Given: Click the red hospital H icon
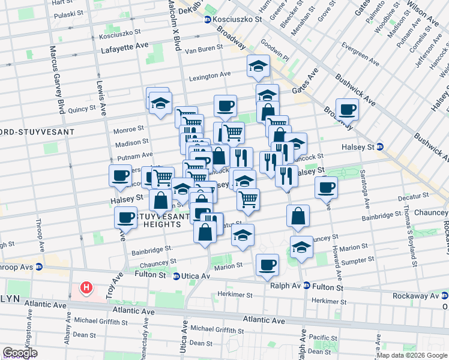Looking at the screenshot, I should tap(86, 288).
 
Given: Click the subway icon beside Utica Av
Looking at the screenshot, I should tap(176, 276).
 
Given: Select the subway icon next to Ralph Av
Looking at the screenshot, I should tap(306, 286).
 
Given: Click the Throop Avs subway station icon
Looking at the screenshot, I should tap(39, 267).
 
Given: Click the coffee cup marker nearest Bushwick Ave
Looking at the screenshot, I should tap(347, 110).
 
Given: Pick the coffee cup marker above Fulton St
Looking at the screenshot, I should tap(267, 264).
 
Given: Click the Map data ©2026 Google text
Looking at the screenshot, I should tap(411, 355).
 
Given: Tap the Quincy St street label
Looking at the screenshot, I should tap(82, 109).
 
